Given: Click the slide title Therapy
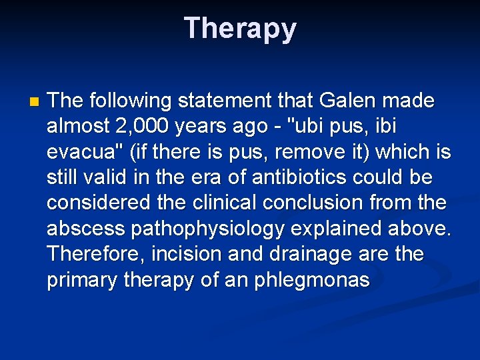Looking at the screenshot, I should click(240, 29).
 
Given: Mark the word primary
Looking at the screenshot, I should click(83, 280).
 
